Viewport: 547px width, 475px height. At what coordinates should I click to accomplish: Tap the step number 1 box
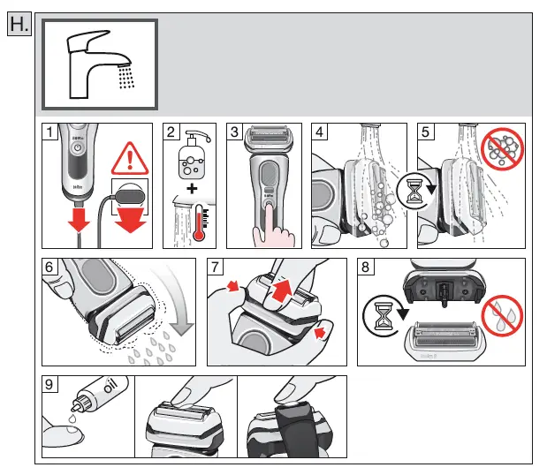pos(53,132)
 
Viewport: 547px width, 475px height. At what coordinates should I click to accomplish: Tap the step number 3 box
pos(234,132)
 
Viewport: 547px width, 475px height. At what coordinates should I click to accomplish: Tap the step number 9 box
pos(52,384)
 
